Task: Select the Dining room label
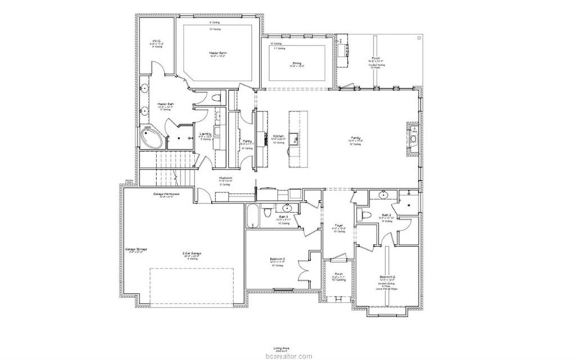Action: [x=297, y=63]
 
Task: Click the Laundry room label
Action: [x=205, y=133]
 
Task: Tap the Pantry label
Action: [x=246, y=140]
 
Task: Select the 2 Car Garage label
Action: [x=192, y=253]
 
